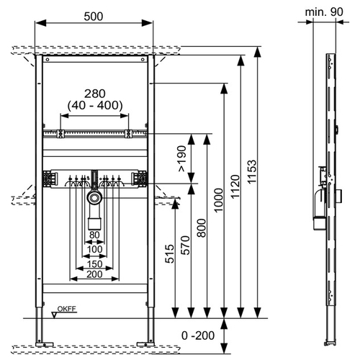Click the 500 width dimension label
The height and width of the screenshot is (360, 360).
tap(94, 17)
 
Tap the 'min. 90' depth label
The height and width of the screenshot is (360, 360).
tap(324, 12)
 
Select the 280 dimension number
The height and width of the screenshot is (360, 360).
tap(95, 94)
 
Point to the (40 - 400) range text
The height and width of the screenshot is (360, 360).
tap(95, 105)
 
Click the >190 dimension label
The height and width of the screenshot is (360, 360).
tap(182, 158)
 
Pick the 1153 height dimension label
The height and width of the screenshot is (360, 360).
tap(252, 172)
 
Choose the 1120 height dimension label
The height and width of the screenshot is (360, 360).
tap(235, 186)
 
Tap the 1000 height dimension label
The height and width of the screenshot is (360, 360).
tap(219, 200)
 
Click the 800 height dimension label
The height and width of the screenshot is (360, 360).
tap(202, 228)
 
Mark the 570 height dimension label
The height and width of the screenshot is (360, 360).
tap(185, 245)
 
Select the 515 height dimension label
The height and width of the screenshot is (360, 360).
tap(169, 253)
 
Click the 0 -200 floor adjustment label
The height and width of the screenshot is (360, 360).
tap(198, 336)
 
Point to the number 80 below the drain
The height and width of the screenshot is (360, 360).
tap(94, 235)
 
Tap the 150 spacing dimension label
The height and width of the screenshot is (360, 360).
tap(94, 264)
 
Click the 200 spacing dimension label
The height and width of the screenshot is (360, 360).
tap(94, 274)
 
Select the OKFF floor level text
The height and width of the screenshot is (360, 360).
tap(67, 309)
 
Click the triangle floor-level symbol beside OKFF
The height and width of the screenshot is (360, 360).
tap(55, 315)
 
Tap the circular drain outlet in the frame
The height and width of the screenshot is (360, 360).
tap(94, 198)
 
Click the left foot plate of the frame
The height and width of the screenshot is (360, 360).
tap(45, 344)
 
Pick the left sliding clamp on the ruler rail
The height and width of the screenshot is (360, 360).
tap(60, 134)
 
